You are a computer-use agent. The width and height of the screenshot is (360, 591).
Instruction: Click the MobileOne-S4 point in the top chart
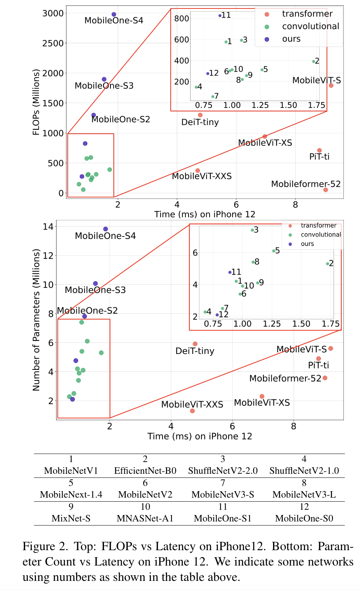[114, 15]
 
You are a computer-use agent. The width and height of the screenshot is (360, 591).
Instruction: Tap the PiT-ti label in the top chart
[319, 156]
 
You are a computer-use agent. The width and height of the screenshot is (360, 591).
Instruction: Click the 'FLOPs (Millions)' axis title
[36, 102]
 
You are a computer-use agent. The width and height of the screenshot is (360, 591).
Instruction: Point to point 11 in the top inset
[220, 16]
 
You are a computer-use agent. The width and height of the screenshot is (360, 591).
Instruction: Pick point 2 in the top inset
[313, 61]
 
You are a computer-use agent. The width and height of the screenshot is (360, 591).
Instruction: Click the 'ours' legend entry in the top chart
[291, 39]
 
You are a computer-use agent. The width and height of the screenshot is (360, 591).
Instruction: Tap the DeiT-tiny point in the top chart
[200, 115]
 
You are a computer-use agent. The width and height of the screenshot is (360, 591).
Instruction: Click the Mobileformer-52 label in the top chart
[306, 184]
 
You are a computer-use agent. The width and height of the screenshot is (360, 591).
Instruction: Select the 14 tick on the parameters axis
[48, 226]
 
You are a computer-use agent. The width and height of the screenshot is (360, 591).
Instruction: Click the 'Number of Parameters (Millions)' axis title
[36, 320]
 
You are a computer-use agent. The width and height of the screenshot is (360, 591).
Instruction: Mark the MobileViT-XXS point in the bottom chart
[192, 411]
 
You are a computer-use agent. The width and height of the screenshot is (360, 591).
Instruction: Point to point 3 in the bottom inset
[252, 230]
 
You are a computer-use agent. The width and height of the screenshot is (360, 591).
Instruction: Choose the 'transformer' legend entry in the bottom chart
[318, 226]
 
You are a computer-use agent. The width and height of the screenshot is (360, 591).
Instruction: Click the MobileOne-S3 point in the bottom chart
[95, 283]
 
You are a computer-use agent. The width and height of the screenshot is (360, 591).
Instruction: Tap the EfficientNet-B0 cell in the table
[145, 471]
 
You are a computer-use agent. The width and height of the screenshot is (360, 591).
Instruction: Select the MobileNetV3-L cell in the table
[304, 494]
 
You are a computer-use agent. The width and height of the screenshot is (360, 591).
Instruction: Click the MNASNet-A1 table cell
[145, 518]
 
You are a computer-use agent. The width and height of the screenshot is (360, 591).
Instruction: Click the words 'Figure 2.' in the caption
[45, 547]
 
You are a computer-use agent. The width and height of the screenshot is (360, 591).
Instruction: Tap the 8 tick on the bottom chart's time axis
[293, 426]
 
